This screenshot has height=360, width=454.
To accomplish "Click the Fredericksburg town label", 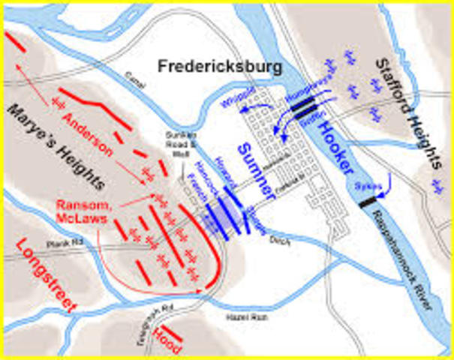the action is point(220,67).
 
